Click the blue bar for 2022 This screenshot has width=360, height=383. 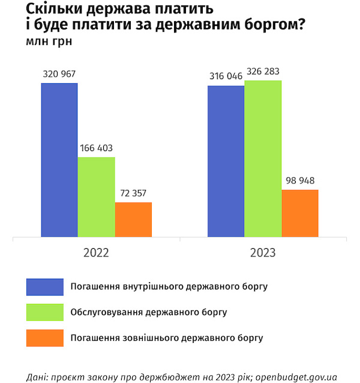click(x=59, y=160)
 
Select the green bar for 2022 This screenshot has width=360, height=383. click(x=96, y=197)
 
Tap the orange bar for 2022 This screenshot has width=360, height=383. click(x=133, y=220)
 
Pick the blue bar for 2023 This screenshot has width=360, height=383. click(x=226, y=162)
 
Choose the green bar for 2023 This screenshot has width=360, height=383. click(x=263, y=159)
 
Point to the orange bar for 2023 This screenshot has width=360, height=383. click(x=300, y=213)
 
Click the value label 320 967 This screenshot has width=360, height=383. click(x=59, y=75)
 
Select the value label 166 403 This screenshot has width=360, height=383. click(x=96, y=148)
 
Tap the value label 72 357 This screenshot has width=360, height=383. click(x=133, y=194)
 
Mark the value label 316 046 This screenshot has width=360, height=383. click(x=226, y=77)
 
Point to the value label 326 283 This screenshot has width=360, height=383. click(x=263, y=71)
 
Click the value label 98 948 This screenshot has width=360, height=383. click(x=300, y=180)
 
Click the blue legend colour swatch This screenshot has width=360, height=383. click(x=45, y=286)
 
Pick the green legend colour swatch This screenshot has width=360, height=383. click(x=45, y=312)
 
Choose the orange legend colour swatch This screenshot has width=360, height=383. click(x=45, y=338)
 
